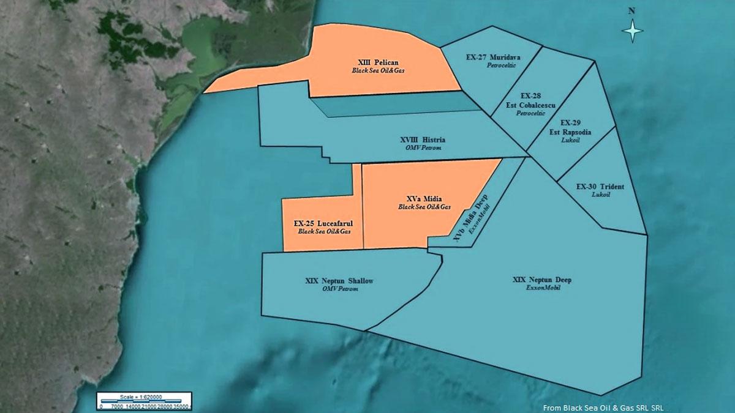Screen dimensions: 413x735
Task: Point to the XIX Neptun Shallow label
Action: pos(339,281)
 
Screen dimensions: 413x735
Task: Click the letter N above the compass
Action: pos(631,10)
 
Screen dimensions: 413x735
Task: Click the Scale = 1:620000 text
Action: pos(145,396)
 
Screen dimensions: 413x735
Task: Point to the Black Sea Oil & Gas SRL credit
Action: pos(603,407)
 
